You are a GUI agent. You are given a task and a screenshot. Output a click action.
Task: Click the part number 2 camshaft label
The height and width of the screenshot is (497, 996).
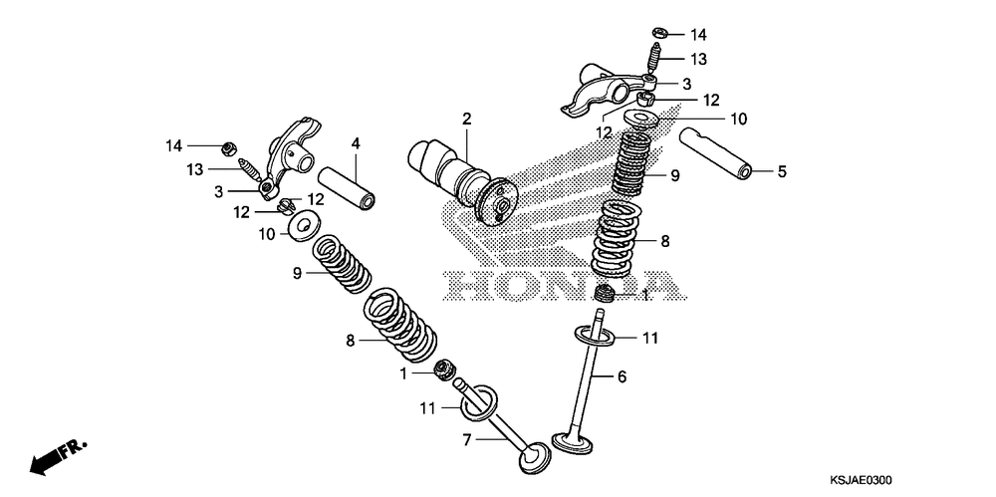(465, 120)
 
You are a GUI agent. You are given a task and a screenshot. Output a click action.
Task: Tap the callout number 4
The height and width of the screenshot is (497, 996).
(355, 143)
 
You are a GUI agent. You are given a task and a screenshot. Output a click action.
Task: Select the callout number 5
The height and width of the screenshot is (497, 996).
(782, 171)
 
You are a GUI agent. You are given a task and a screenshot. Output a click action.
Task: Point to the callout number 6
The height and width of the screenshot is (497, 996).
(622, 376)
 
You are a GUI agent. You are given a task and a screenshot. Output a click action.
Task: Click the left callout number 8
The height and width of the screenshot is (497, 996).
(350, 341)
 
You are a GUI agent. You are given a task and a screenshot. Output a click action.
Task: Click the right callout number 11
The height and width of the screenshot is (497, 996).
(649, 339)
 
